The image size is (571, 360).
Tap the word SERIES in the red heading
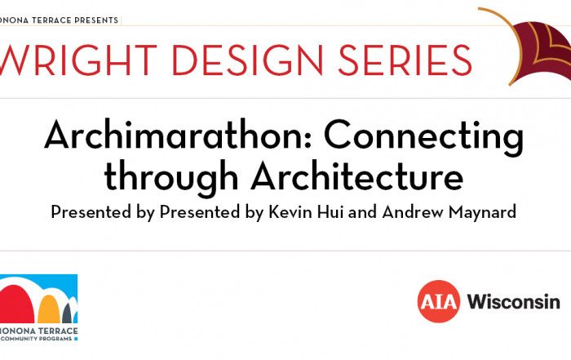(405, 60)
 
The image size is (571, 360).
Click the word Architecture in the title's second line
(357, 176)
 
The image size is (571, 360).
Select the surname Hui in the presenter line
(330, 211)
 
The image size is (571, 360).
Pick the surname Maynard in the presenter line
(483, 212)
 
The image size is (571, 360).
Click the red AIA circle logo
(439, 301)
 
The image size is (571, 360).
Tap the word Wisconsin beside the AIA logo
(513, 301)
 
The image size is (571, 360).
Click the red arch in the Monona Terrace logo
(16, 304)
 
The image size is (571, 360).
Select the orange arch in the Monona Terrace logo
(49, 309)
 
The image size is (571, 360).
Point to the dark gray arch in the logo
(67, 313)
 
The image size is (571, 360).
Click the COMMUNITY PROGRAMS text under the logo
(37, 339)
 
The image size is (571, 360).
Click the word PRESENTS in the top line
(96, 20)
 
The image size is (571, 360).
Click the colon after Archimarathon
(308, 140)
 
